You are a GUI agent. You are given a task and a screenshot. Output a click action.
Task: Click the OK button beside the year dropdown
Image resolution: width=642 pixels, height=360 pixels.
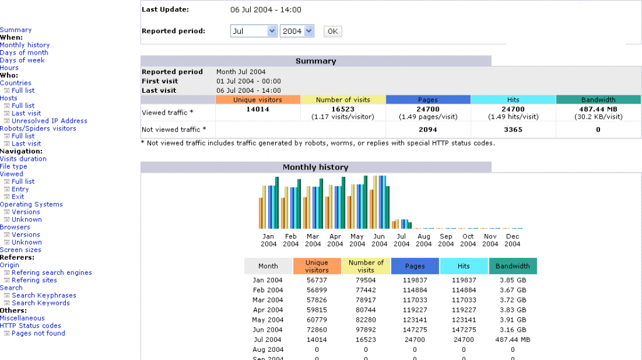click(x=332, y=31)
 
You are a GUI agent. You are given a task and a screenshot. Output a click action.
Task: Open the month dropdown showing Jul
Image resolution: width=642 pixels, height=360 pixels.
click(x=253, y=31)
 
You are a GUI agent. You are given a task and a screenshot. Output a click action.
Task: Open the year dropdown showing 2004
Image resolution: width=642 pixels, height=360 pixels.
click(x=297, y=31)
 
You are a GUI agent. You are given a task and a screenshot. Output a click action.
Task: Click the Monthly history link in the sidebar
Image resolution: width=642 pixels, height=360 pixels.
click(x=24, y=45)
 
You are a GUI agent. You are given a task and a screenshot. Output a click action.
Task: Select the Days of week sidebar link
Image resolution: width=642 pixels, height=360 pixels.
click(x=22, y=60)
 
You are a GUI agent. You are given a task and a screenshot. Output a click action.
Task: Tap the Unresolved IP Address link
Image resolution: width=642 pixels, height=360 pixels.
click(x=49, y=121)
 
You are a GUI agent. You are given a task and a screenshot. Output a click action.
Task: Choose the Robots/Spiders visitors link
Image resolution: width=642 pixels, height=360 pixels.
click(x=38, y=129)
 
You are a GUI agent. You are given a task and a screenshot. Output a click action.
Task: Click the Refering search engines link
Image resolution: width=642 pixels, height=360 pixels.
click(x=51, y=273)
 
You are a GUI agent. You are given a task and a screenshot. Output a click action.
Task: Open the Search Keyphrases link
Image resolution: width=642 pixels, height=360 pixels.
click(x=44, y=295)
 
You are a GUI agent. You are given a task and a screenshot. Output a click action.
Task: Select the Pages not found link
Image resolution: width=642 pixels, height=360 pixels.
click(x=38, y=334)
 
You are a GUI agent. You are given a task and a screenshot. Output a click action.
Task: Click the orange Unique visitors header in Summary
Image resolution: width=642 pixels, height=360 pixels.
click(x=257, y=100)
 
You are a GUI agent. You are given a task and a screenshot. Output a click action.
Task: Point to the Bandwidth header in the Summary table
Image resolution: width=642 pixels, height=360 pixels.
click(x=598, y=100)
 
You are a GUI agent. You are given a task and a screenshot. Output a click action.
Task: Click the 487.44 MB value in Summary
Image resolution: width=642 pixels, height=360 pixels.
click(x=598, y=109)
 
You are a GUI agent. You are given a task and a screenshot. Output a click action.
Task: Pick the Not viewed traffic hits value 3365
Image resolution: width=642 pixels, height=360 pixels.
click(x=513, y=130)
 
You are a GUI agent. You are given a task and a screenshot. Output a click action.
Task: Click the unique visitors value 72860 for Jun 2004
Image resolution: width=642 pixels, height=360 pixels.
click(x=317, y=330)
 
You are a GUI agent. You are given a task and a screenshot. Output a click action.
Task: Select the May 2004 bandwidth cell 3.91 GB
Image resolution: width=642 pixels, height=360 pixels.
click(x=512, y=320)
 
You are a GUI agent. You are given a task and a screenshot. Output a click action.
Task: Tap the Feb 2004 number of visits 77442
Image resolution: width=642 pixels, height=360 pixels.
click(x=366, y=290)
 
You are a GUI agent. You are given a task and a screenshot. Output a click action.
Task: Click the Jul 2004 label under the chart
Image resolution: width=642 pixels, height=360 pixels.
click(x=401, y=240)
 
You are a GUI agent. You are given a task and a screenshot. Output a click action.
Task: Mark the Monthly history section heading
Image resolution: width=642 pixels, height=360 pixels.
click(x=315, y=167)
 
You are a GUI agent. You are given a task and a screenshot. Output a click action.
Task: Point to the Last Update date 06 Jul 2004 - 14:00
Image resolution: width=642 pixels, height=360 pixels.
click(x=266, y=10)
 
